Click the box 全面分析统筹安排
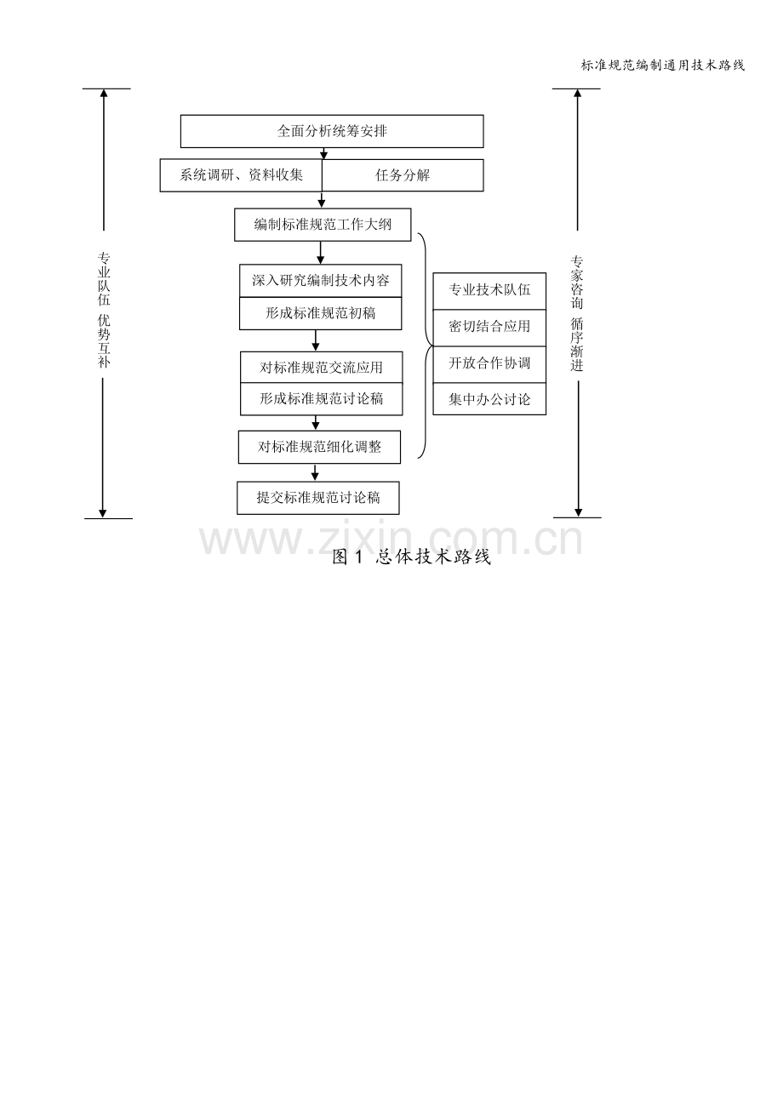pyautogui.click(x=332, y=131)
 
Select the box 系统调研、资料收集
pyautogui.click(x=241, y=175)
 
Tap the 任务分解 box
pyautogui.click(x=403, y=175)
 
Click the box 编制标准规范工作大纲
pyautogui.click(x=323, y=225)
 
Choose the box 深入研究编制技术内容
pyautogui.click(x=321, y=281)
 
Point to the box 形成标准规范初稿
pyautogui.click(x=321, y=314)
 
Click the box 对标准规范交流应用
pyautogui.click(x=322, y=367)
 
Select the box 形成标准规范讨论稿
pyautogui.click(x=322, y=398)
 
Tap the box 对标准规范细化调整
pyautogui.click(x=319, y=447)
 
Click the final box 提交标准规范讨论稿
pyautogui.click(x=318, y=498)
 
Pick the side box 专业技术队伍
pyautogui.click(x=489, y=291)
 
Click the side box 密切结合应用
pyautogui.click(x=489, y=328)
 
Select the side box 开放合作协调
pyautogui.click(x=489, y=364)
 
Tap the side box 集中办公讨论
pyautogui.click(x=489, y=398)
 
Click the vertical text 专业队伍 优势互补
pyautogui.click(x=104, y=310)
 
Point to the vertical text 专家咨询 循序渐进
pyautogui.click(x=577, y=313)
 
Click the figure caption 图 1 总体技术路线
pyautogui.click(x=412, y=557)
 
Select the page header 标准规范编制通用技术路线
pyautogui.click(x=663, y=66)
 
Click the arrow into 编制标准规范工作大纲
pyautogui.click(x=322, y=199)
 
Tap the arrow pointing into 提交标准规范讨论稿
pyautogui.click(x=315, y=472)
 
